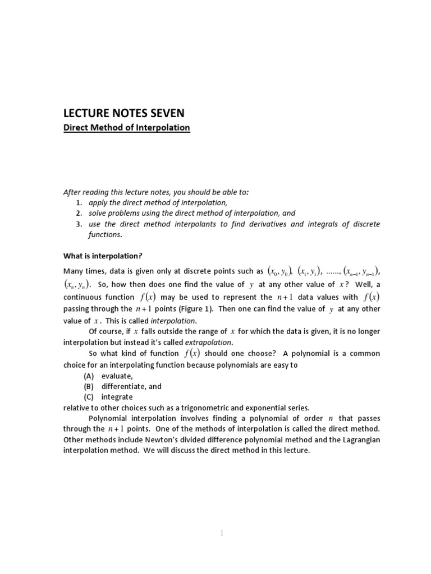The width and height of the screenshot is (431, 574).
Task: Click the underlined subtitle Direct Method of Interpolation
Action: [126, 128]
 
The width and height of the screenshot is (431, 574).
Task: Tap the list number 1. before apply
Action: [80, 202]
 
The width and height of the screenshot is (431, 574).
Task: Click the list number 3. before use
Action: [80, 224]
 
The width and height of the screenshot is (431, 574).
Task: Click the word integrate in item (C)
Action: [117, 397]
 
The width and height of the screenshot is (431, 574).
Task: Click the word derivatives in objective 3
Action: [267, 224]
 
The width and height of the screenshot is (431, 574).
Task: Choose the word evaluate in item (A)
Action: [117, 376]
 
